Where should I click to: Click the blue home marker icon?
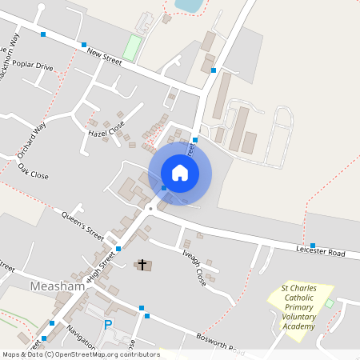[x=180, y=173]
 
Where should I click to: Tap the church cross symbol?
[x=143, y=264]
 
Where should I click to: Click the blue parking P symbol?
[x=109, y=325]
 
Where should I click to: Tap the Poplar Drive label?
[x=34, y=67]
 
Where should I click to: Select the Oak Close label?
[x=33, y=170]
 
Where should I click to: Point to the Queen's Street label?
[x=83, y=226]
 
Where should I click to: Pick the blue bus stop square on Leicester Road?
[x=313, y=245]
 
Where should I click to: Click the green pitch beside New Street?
[x=133, y=46]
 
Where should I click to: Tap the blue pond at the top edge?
[x=189, y=5]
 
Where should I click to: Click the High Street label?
[x=102, y=271]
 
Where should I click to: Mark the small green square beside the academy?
[x=329, y=303]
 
